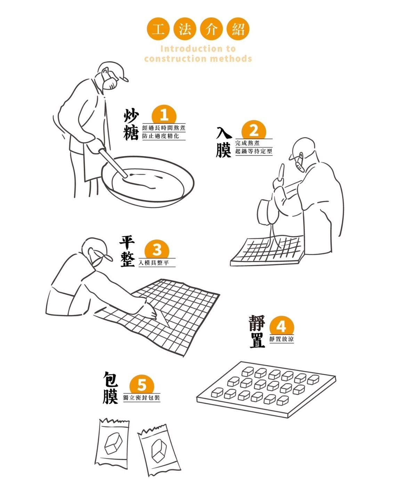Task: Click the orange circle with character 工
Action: coord(158,29)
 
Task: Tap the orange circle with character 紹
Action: coord(238,29)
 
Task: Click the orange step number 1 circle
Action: coord(164,115)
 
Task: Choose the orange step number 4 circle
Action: coord(282,326)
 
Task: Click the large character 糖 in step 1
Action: coord(131,133)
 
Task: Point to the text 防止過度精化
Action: coord(161,136)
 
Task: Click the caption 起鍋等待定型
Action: coord(254,151)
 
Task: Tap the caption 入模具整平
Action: coord(154,263)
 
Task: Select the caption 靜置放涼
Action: coord(282,339)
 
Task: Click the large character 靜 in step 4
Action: coord(257,323)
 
